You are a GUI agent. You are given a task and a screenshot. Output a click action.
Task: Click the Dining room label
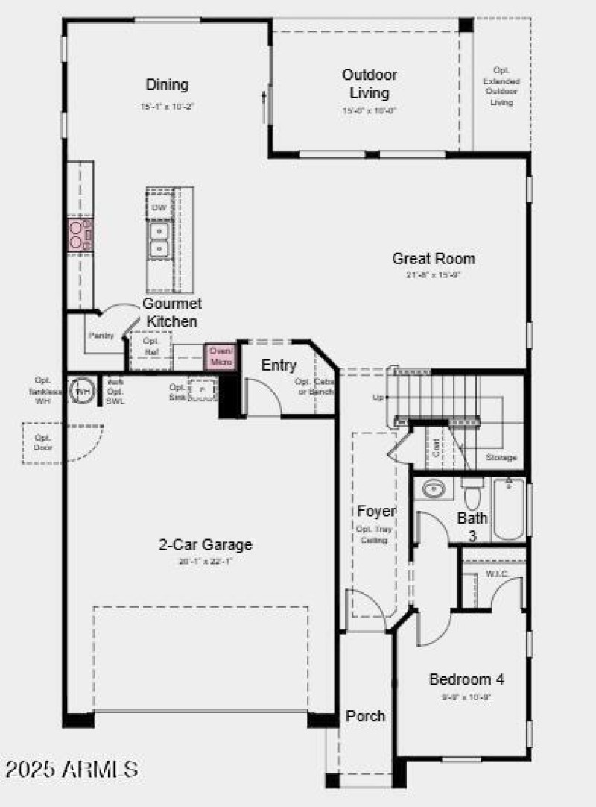pyautogui.click(x=167, y=85)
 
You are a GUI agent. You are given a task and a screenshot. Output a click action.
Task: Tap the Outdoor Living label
pyautogui.click(x=370, y=84)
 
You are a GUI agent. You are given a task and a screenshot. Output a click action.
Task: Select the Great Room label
pyautogui.click(x=434, y=259)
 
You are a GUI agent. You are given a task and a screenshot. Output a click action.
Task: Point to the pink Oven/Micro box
pyautogui.click(x=221, y=356)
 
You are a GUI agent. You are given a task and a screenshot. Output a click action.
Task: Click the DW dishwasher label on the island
pyautogui.click(x=159, y=208)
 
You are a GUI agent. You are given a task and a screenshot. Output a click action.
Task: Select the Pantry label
pyautogui.click(x=101, y=336)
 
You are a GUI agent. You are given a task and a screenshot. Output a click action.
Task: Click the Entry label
pyautogui.click(x=279, y=365)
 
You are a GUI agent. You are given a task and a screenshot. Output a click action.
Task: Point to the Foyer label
pyautogui.click(x=375, y=511)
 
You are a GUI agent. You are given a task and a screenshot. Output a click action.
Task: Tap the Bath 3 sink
pyautogui.click(x=433, y=490)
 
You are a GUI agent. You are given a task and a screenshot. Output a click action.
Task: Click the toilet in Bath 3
pyautogui.click(x=472, y=494)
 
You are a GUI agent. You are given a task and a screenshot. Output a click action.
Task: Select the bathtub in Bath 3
pyautogui.click(x=509, y=509)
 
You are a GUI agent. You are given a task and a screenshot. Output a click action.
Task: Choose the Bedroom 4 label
pyautogui.click(x=466, y=679)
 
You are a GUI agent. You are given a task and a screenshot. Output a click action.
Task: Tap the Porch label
pyautogui.click(x=365, y=716)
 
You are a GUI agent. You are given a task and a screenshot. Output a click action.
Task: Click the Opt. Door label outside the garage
pyautogui.click(x=42, y=442)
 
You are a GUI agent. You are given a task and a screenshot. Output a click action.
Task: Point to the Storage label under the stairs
pyautogui.click(x=501, y=457)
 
